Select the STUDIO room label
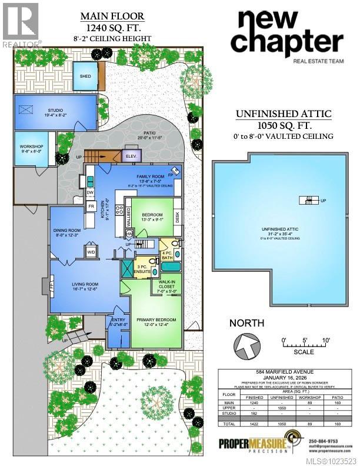(56, 109)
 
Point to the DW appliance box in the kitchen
(90, 192)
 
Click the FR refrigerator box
(91, 207)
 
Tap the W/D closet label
(91, 252)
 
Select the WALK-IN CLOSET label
(166, 287)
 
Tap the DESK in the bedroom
(177, 217)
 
